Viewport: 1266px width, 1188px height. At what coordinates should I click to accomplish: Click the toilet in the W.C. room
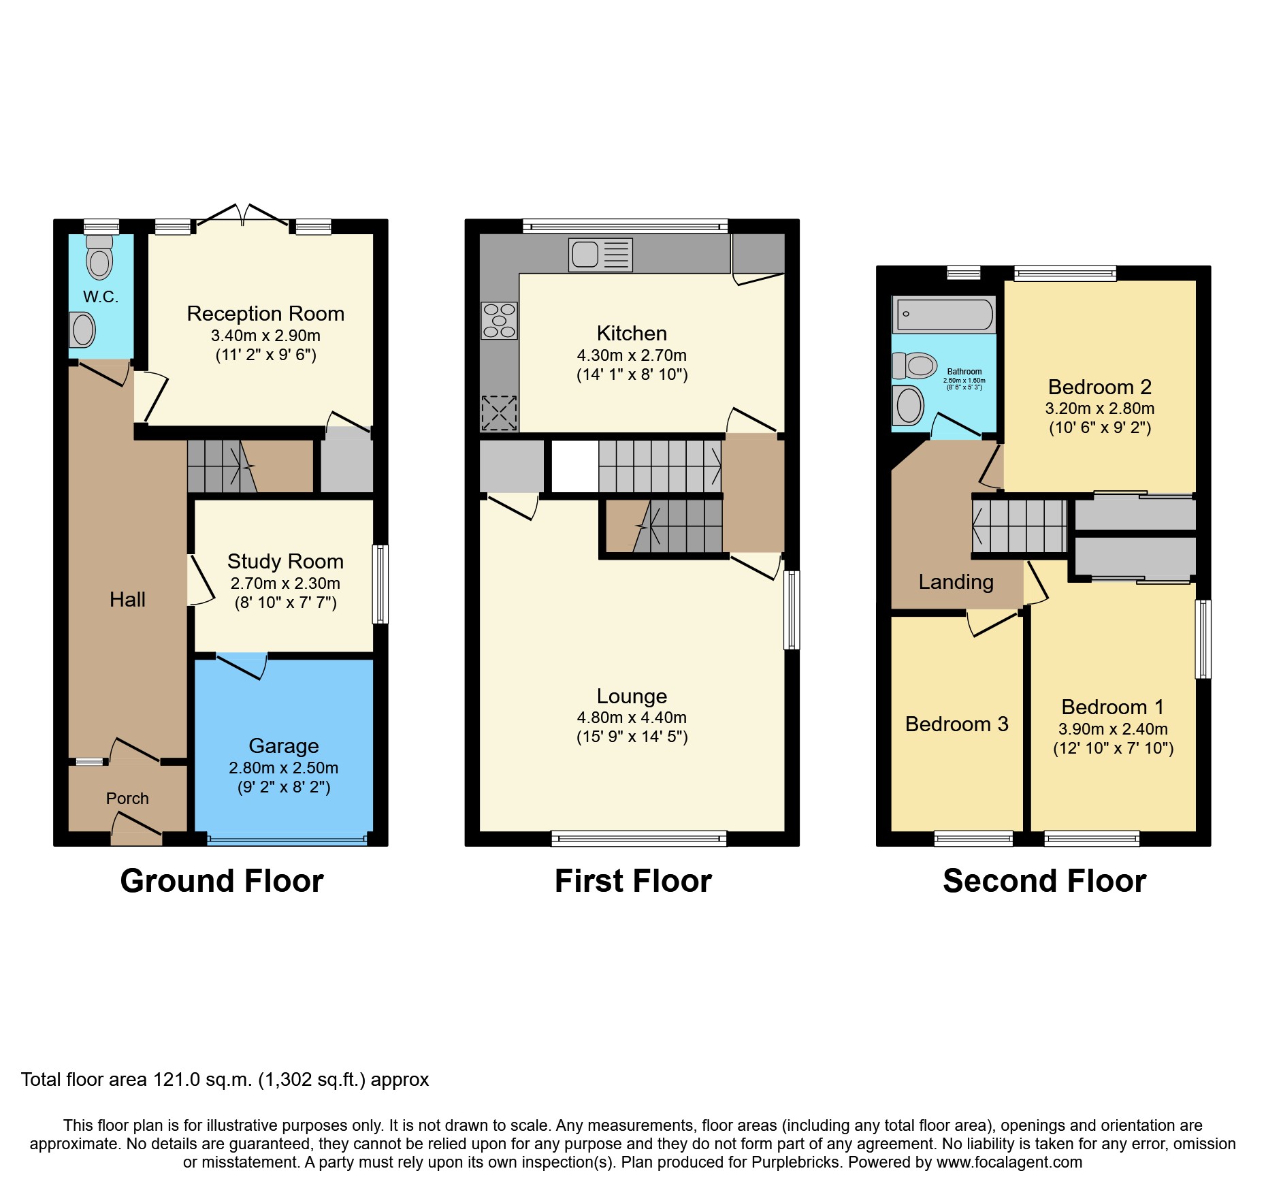pos(99,258)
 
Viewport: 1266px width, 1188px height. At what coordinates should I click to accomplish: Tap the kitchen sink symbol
pos(600,255)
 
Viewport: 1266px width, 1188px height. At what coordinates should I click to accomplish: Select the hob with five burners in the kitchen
pos(499,321)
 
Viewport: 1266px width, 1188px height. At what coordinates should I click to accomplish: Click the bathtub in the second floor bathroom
pos(944,315)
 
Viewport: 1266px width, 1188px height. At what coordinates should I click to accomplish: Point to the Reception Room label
pos(265,314)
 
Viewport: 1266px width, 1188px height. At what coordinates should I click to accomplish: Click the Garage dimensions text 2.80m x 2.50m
pos(283,768)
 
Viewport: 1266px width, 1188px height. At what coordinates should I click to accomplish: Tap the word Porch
pos(127,799)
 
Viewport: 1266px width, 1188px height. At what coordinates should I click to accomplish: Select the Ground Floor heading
pos(222,881)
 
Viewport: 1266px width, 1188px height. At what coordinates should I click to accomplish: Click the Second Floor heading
pos(1044,881)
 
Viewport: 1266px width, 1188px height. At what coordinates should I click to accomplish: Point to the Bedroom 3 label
pos(956,724)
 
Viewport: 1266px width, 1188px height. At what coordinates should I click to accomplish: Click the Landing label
pos(956,582)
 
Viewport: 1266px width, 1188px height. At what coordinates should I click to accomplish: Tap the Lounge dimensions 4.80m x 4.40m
pos(632,718)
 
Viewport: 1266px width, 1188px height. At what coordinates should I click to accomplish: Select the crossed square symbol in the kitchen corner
pos(499,413)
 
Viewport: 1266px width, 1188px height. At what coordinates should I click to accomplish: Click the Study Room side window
pos(380,584)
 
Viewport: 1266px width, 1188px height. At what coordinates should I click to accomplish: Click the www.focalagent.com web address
pos(1009,1162)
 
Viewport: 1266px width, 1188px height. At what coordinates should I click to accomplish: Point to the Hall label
pos(127,600)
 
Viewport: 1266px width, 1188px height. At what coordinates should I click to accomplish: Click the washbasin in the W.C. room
pos(82,330)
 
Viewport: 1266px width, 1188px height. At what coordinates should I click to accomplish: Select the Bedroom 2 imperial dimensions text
pos(1099,428)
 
